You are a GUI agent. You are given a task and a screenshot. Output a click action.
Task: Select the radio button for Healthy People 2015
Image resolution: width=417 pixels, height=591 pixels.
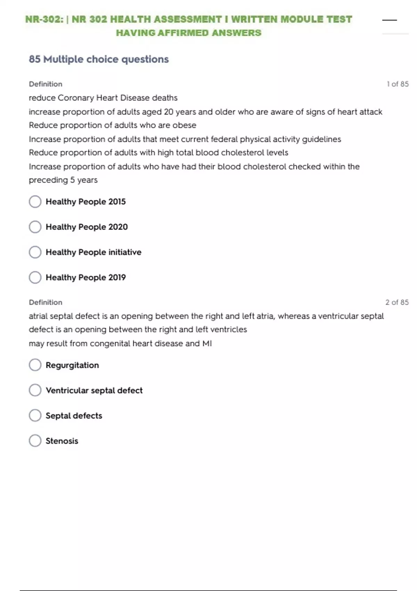click(35, 202)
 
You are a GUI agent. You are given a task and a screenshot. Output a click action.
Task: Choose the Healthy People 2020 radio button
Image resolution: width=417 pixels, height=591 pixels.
click(35, 227)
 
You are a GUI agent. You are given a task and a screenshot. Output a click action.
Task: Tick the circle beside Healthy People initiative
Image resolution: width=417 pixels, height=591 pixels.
click(35, 252)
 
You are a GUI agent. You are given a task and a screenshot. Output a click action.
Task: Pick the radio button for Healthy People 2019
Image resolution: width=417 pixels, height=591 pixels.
click(35, 277)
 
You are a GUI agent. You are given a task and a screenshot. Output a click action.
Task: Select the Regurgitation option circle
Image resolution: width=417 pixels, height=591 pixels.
click(35, 365)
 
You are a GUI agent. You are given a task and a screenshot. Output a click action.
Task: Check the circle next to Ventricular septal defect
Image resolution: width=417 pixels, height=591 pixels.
click(35, 390)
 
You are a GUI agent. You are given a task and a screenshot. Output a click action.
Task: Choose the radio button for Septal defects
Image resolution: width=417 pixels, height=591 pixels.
click(35, 415)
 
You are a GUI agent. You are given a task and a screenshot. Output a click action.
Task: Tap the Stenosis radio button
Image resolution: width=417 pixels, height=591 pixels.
click(35, 441)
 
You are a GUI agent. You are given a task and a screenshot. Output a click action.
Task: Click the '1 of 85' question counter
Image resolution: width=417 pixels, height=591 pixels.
click(398, 84)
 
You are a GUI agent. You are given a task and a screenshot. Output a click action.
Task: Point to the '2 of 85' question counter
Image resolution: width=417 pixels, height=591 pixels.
click(397, 302)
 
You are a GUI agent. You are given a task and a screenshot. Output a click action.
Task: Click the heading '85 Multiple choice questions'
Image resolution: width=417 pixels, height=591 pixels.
click(99, 59)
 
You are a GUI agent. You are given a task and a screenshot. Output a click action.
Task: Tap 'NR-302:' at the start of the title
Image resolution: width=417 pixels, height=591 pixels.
click(44, 19)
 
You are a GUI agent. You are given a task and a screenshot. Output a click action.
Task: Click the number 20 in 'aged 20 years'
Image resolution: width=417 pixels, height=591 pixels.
click(169, 112)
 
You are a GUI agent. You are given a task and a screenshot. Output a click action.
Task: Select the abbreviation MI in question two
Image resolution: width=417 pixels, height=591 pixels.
click(207, 343)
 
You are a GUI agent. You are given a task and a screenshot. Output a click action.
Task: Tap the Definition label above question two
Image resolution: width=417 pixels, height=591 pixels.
click(46, 302)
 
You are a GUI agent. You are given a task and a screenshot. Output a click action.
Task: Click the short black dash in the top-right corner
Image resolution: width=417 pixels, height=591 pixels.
click(389, 20)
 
